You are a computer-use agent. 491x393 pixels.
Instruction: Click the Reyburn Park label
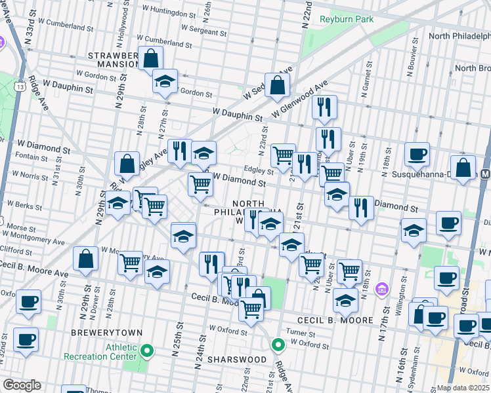point(347,19)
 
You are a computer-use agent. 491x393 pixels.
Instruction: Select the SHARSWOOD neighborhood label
point(236,360)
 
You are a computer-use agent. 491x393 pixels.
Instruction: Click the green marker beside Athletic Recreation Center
point(148,352)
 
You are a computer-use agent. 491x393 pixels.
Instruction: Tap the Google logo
point(22,385)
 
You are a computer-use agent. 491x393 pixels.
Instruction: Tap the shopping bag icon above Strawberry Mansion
point(151,58)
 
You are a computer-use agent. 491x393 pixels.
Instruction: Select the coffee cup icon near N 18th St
point(416,155)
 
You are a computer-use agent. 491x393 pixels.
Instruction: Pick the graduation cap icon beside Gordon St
point(165,81)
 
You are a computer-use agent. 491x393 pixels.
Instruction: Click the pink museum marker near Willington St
point(381,289)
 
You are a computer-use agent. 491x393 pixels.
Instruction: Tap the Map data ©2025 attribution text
point(463,388)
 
